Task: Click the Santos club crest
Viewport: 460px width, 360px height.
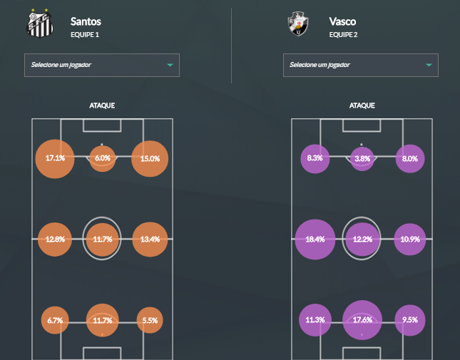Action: click(39, 24)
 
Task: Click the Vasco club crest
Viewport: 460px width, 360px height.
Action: click(297, 24)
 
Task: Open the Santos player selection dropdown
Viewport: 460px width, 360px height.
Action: click(102, 65)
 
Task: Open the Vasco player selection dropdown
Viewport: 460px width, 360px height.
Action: click(360, 65)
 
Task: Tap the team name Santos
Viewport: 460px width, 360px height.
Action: click(86, 21)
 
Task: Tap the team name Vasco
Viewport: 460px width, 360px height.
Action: click(343, 21)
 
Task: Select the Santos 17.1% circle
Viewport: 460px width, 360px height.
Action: click(55, 158)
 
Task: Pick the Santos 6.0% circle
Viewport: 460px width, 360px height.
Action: click(103, 158)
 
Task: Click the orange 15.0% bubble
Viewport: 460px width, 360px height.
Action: click(150, 159)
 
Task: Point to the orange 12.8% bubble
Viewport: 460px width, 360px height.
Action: click(55, 240)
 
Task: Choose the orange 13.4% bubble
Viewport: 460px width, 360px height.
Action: click(150, 240)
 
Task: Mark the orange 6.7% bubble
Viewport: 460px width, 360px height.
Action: click(54, 321)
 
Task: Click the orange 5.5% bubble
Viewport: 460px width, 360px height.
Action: click(150, 321)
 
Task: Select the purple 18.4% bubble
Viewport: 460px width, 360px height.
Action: click(315, 240)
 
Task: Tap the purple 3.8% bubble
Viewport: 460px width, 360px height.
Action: click(362, 158)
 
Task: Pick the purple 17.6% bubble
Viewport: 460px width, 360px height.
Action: click(362, 320)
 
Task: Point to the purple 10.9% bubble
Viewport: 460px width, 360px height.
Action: click(410, 240)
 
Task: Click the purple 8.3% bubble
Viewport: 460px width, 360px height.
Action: click(315, 158)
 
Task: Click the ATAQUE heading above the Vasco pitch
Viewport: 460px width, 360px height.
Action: click(362, 106)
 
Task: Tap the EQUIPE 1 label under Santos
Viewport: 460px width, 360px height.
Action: click(85, 35)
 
